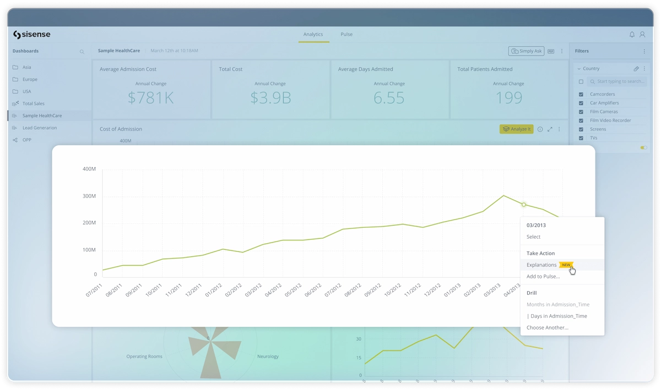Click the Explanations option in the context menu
[541, 265]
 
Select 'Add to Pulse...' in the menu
[543, 276]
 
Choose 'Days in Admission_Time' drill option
[557, 316]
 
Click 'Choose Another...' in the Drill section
[548, 328]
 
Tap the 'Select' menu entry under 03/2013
[533, 237]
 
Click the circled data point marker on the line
[524, 205]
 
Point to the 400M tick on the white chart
[89, 169]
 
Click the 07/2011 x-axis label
[95, 290]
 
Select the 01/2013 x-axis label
[452, 290]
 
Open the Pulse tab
[346, 34]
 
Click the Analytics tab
[313, 34]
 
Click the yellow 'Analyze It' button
[517, 129]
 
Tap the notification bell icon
[632, 35]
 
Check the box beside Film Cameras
[581, 112]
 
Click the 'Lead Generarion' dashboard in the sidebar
[40, 128]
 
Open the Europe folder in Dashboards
[30, 79]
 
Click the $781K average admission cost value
[151, 98]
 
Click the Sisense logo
[32, 35]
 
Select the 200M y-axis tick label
[89, 223]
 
